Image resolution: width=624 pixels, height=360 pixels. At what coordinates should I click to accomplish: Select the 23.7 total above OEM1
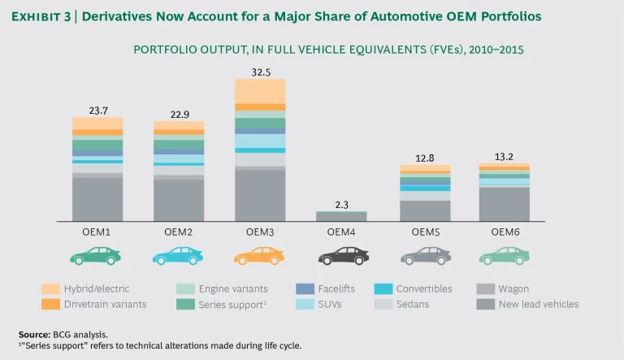tap(97, 111)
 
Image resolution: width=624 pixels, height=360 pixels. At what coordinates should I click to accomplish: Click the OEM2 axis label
tap(178, 232)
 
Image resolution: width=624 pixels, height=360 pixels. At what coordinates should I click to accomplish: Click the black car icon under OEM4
tap(340, 256)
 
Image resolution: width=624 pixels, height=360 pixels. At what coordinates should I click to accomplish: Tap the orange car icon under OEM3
tap(259, 256)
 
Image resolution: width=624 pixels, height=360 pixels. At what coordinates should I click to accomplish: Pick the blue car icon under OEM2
tap(178, 256)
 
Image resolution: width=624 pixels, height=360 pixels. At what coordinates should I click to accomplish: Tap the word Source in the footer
tap(35, 334)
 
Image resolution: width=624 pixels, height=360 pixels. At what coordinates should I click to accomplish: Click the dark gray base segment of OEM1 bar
tap(97, 199)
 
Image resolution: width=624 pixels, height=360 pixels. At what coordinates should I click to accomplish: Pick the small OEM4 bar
tap(340, 216)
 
